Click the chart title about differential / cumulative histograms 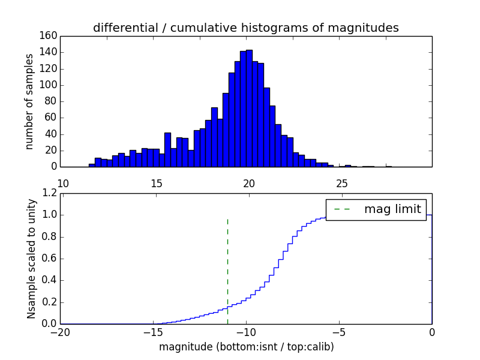[x=245, y=28]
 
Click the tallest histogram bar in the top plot [x=249, y=108]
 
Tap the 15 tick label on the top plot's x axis [x=156, y=183]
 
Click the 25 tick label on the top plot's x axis [x=342, y=183]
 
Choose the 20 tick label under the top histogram [x=249, y=183]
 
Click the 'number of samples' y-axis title [x=29, y=101]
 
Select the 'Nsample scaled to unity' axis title [x=31, y=259]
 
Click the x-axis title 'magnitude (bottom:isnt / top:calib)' [x=246, y=347]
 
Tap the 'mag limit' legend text [x=392, y=209]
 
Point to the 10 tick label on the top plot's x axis [x=63, y=183]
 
